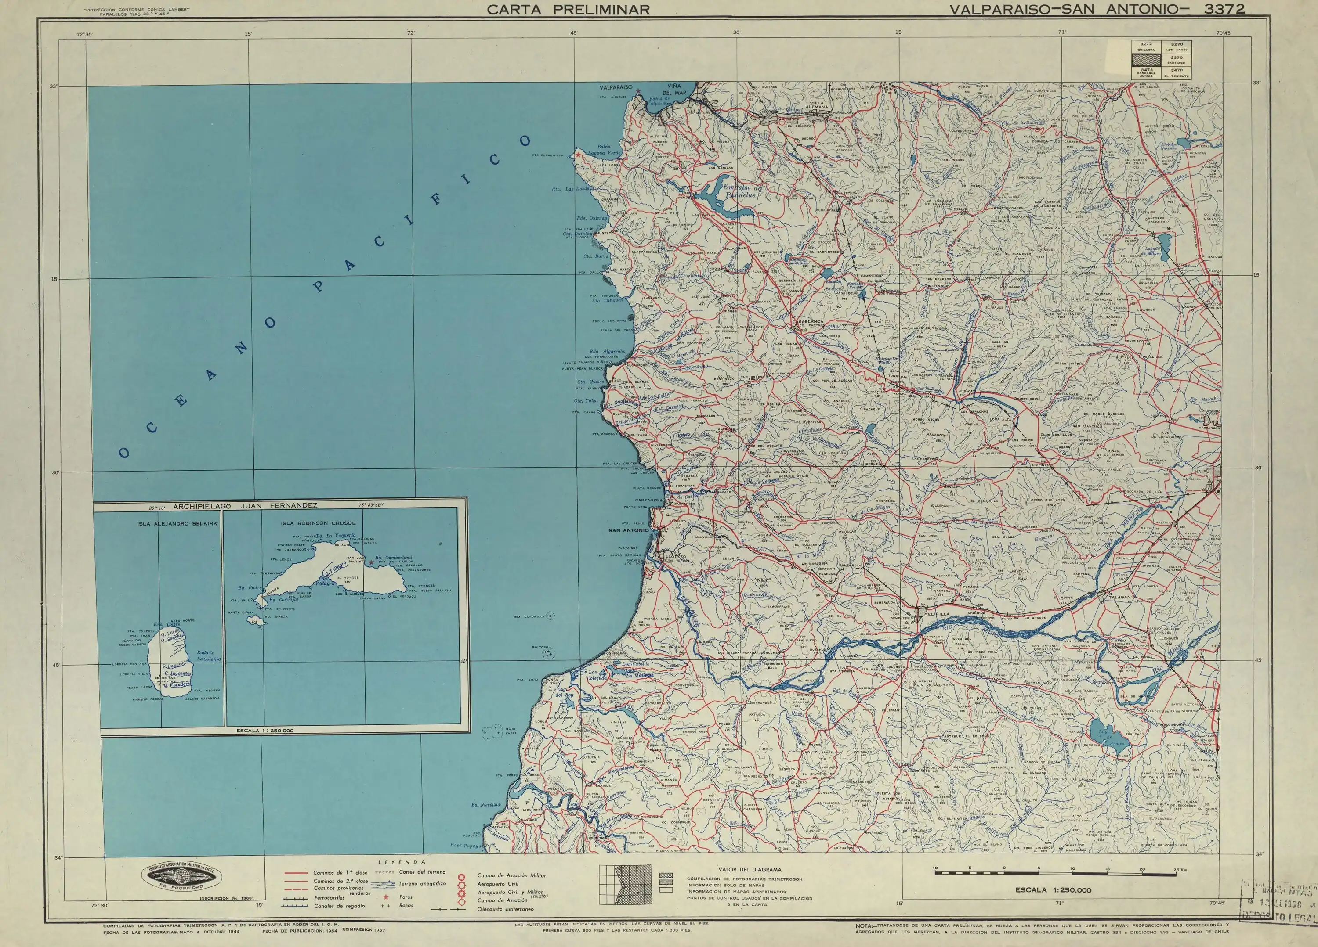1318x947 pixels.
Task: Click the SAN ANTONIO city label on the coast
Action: click(x=628, y=530)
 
